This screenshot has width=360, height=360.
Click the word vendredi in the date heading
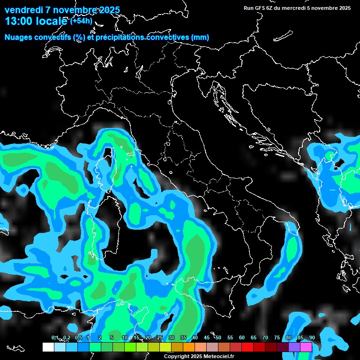(x=24, y=10)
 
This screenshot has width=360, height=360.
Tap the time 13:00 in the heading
(x=18, y=21)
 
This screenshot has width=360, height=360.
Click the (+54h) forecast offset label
(x=82, y=21)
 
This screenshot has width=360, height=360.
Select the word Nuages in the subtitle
(x=19, y=37)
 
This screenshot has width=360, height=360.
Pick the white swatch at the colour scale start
(x=48, y=347)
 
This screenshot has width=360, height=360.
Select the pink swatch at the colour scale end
(x=306, y=347)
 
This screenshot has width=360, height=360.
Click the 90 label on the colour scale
(x=312, y=337)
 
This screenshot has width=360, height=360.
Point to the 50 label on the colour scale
(x=218, y=337)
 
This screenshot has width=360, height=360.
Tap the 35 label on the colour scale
(x=183, y=337)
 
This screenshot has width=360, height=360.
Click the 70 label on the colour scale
(x=265, y=337)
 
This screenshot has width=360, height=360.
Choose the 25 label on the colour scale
(x=160, y=337)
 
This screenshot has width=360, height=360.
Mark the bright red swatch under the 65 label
(x=247, y=347)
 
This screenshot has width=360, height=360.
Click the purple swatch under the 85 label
(x=294, y=347)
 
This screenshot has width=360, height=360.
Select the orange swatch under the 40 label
(x=189, y=347)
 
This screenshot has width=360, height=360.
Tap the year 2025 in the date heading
(x=107, y=10)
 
